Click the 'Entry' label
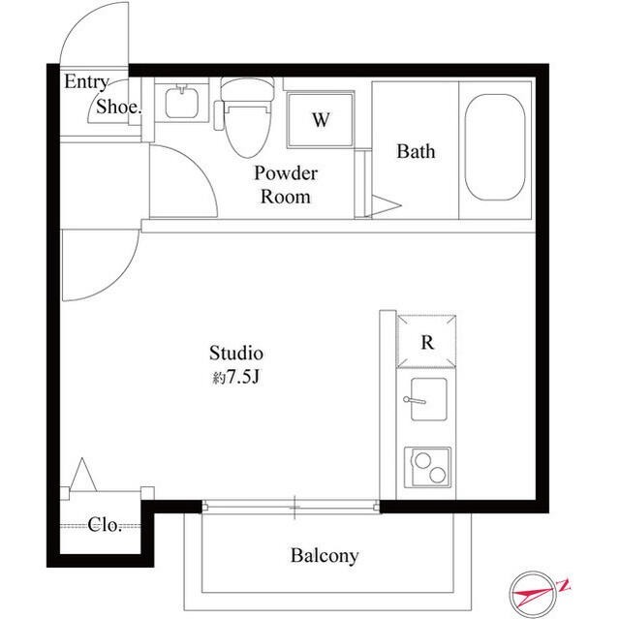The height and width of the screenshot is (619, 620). (x=86, y=82)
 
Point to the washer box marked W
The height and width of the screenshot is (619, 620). (x=320, y=121)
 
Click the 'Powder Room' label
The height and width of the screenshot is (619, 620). (x=286, y=185)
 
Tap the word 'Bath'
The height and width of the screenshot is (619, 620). (x=416, y=151)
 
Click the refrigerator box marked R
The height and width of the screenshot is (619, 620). (x=426, y=341)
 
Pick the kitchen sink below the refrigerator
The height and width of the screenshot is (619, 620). (x=425, y=399)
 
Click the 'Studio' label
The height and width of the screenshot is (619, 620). (x=237, y=353)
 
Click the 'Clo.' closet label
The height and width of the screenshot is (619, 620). (x=105, y=526)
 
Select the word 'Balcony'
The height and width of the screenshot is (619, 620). (x=325, y=556)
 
